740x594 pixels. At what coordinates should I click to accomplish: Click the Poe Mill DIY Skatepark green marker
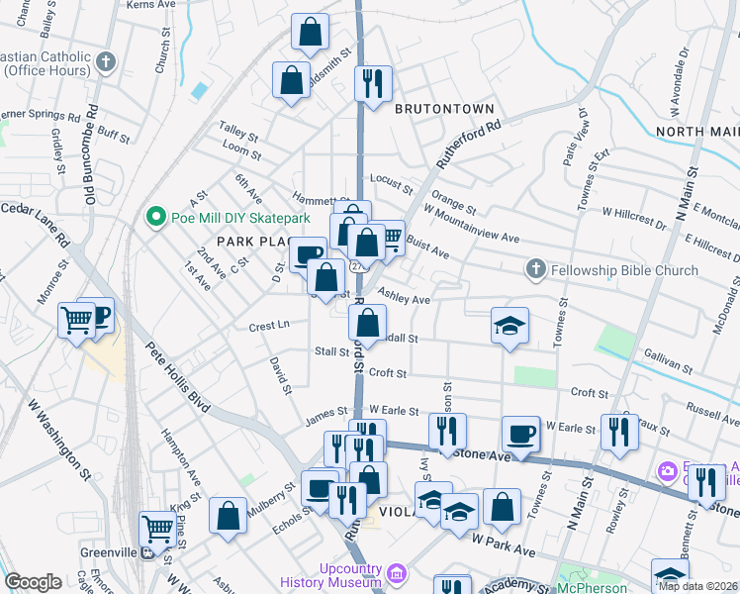[154, 217]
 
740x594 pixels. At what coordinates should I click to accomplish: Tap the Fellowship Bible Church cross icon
[535, 269]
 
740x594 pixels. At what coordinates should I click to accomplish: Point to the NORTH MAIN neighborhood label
[696, 132]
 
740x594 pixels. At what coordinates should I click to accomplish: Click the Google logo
[33, 582]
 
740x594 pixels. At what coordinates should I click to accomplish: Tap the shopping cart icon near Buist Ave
[391, 237]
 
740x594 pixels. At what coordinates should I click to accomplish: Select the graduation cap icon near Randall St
[509, 326]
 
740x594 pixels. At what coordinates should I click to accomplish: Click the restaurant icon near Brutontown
[373, 84]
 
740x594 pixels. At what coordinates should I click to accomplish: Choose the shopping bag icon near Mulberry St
[229, 516]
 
